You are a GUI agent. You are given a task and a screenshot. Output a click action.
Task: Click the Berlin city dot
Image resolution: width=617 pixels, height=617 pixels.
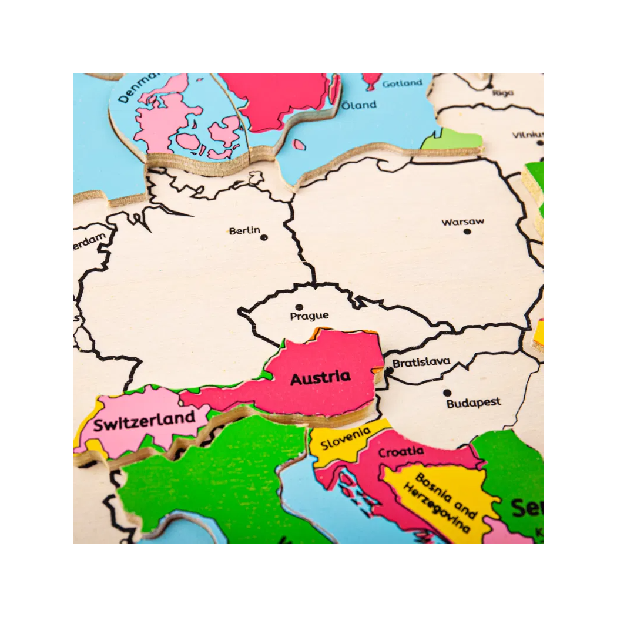(264, 237)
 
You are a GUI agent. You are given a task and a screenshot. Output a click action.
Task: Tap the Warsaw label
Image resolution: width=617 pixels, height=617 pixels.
(463, 222)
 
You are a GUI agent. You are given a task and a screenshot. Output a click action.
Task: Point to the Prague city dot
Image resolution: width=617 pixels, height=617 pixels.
(299, 307)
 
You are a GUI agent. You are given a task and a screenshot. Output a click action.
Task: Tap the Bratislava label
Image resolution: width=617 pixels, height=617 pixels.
(421, 363)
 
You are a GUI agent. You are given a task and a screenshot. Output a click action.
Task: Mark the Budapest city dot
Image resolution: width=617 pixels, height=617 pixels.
(447, 393)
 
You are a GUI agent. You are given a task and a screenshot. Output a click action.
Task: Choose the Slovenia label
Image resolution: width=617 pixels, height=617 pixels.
(346, 438)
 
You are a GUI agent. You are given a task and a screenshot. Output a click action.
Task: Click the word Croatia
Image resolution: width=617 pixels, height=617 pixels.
(401, 452)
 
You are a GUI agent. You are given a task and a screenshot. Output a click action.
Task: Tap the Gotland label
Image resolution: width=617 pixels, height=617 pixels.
(403, 83)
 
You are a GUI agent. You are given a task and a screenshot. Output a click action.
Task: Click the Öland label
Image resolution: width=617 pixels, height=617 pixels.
(359, 105)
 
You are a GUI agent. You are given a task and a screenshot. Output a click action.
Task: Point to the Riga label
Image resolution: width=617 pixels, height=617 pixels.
(503, 93)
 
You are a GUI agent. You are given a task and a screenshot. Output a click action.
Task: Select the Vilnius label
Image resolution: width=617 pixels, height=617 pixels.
(527, 135)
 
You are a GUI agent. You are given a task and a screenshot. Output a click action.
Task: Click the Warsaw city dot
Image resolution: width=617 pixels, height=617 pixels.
(467, 232)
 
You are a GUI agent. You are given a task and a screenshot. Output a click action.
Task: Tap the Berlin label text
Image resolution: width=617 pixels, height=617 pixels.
(244, 231)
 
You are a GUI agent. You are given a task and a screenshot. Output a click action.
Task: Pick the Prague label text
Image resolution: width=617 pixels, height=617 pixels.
(309, 316)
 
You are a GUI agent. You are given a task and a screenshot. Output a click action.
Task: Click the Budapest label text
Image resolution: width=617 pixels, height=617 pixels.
(474, 403)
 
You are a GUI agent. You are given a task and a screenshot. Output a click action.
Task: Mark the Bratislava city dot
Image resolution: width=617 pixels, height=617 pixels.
(389, 370)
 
